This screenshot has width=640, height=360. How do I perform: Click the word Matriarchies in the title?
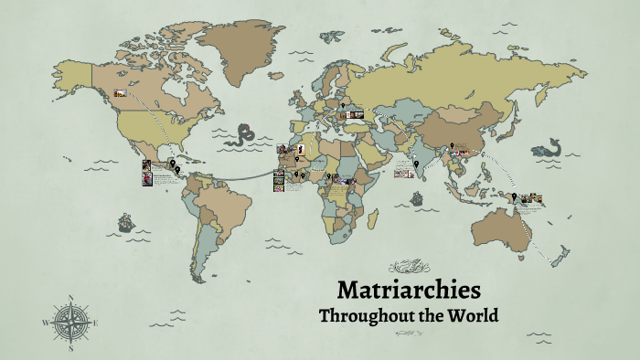point(408,291)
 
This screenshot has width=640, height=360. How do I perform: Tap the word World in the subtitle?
point(473,316)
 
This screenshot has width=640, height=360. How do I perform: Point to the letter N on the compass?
point(71,298)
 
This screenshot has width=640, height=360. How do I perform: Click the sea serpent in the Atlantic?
point(241,137)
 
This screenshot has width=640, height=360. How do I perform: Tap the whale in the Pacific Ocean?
point(547,147)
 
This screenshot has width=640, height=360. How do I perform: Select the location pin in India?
point(416,164)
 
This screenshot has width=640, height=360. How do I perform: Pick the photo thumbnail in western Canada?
point(120,92)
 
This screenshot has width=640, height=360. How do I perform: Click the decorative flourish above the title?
point(408,268)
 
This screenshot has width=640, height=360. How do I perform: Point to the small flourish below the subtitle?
point(408,335)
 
